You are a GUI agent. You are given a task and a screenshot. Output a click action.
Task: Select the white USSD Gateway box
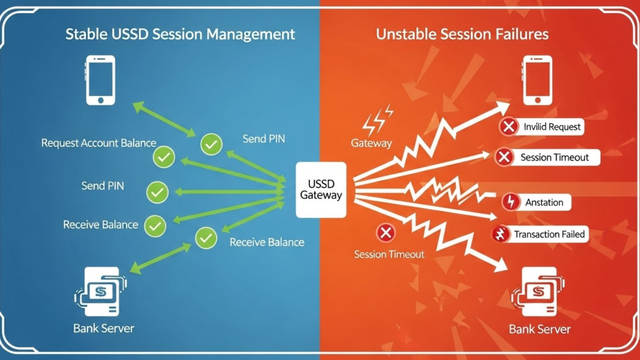click(321, 189)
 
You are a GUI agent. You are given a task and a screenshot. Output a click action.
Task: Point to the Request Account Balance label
click(99, 143)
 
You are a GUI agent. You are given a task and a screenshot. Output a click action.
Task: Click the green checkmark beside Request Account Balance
click(164, 157)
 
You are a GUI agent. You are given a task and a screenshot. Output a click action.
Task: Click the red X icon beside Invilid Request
click(509, 127)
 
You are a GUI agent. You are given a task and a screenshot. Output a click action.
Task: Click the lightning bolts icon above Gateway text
click(377, 120)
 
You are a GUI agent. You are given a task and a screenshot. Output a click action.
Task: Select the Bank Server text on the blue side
click(102, 327)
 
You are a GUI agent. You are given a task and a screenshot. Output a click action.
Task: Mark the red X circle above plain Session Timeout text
click(386, 233)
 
